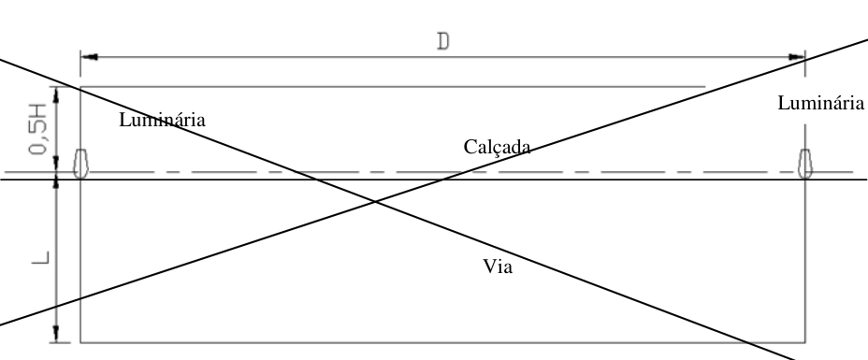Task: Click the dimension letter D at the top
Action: coord(442,41)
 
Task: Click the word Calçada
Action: coord(497,147)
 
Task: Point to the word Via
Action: coord(498,266)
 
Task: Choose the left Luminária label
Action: coord(162,120)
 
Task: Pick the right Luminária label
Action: coord(821,103)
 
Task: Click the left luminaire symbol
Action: coord(80,164)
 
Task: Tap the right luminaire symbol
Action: coord(805,164)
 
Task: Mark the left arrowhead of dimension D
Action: coord(89,57)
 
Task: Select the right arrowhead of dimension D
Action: coord(797,57)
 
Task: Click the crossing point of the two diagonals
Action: coord(375,202)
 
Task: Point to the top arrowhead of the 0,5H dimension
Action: coord(56,94)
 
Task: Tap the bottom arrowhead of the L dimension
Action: coord(56,334)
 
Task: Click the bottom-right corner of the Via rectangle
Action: coord(805,343)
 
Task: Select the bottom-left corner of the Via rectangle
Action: coord(80,343)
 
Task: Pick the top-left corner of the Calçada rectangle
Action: coord(80,87)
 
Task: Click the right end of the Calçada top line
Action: coord(705,87)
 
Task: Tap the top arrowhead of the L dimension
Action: coord(56,183)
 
